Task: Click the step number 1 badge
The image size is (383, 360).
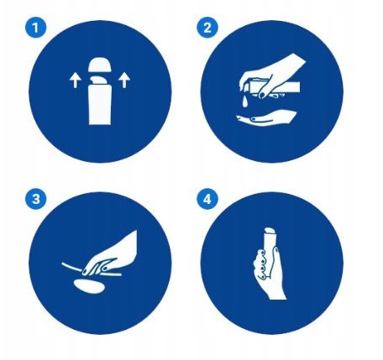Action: (x=35, y=28)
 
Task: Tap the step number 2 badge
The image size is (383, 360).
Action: (x=207, y=28)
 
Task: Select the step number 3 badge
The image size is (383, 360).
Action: (x=35, y=199)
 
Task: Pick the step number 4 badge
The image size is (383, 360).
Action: (x=207, y=199)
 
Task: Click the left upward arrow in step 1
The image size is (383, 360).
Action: (x=75, y=80)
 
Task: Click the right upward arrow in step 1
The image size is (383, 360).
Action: (x=124, y=80)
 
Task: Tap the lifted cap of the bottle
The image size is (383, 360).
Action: (x=99, y=65)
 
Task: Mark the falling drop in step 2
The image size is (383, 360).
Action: (x=244, y=102)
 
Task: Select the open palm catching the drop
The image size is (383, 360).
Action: (x=266, y=118)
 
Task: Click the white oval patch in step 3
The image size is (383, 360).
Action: (x=90, y=286)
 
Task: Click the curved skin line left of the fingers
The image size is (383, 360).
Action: (x=73, y=267)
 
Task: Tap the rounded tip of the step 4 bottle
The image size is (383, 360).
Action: (x=270, y=231)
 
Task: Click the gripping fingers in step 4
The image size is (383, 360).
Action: (x=260, y=264)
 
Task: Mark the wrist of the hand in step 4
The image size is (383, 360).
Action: (x=277, y=294)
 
